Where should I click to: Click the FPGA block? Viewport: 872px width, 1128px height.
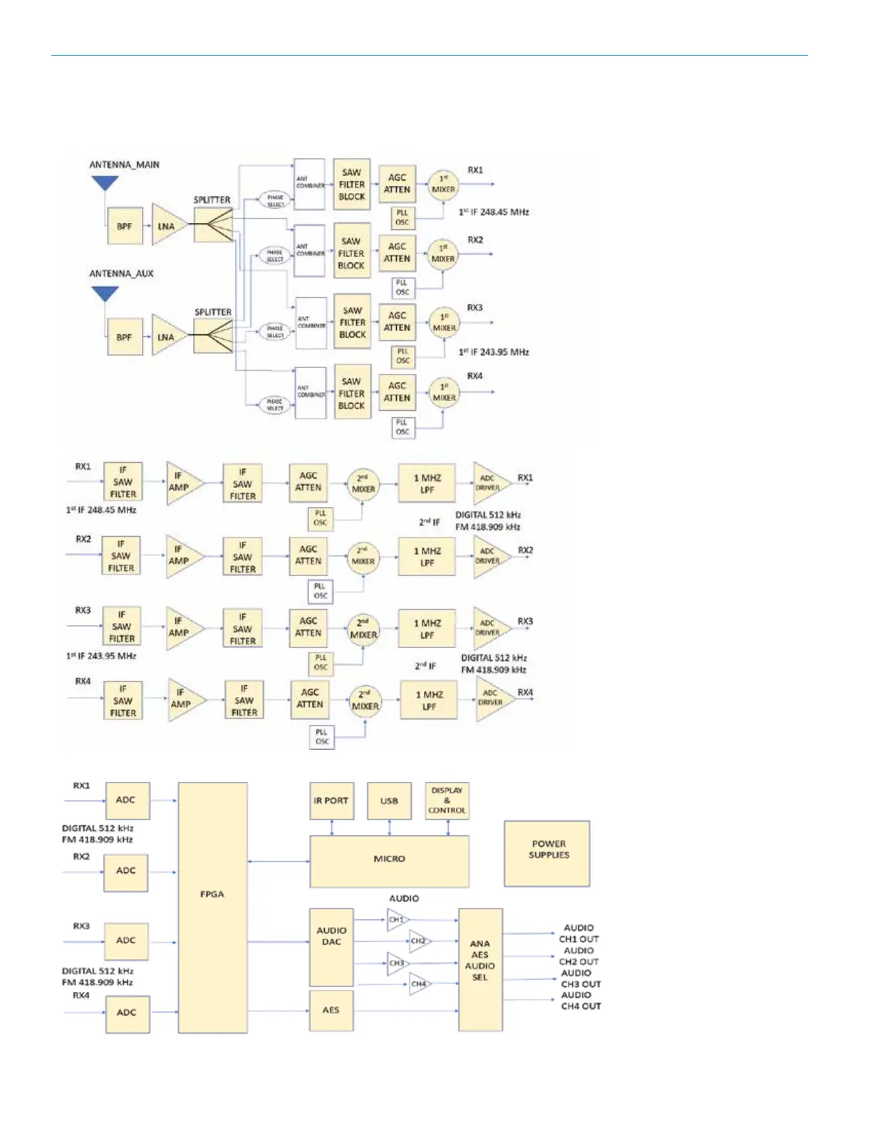212,907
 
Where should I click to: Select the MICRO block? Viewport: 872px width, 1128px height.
389,860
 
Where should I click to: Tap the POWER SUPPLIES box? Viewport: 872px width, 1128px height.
547,853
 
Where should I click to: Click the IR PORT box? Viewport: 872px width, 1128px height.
331,800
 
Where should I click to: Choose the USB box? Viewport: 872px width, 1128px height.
389,800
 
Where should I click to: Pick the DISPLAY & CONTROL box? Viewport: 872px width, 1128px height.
447,800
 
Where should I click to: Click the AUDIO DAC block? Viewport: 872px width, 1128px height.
331,946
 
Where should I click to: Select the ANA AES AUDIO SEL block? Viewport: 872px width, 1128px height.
480,968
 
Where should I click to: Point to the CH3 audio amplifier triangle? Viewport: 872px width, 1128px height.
398,963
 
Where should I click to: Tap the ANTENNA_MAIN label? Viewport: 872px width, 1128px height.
124,164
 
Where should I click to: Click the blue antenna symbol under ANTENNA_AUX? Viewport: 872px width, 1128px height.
105,293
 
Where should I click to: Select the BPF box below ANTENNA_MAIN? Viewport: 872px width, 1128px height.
124,226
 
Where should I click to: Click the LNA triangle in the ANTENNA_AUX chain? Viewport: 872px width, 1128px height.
167,337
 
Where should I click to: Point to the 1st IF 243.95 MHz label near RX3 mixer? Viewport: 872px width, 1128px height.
494,352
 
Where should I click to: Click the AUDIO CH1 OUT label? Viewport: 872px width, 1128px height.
578,933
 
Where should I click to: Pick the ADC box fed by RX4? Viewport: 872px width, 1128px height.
126,1012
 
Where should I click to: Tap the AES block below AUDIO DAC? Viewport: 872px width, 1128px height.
331,1010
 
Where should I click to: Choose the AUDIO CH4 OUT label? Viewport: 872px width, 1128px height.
581,1001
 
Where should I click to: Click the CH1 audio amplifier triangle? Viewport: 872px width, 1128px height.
398,919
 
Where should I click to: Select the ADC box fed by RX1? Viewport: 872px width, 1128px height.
126,800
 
